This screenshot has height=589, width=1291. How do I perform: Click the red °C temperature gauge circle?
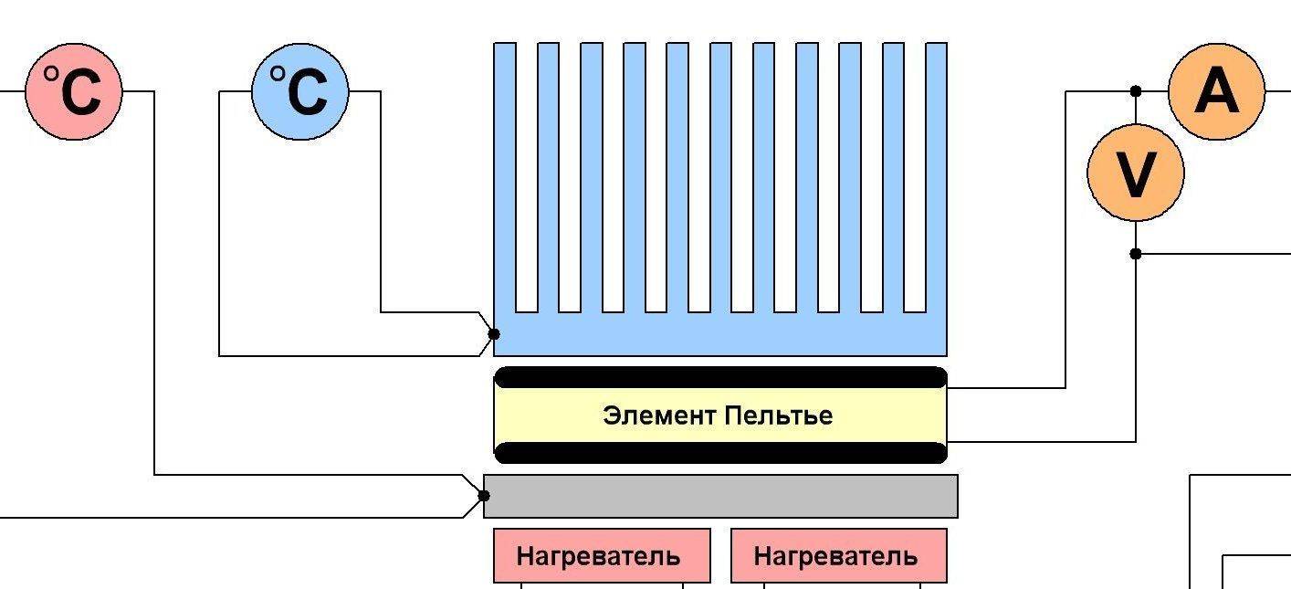point(73,91)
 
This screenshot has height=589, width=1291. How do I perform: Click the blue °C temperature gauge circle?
point(299,91)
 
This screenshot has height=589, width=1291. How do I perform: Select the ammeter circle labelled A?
point(1216,91)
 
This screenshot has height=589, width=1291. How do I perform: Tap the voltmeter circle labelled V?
point(1136,173)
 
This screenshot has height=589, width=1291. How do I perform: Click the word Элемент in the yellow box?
point(659,416)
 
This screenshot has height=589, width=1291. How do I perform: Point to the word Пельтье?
point(778,416)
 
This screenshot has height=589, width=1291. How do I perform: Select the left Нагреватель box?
point(602,555)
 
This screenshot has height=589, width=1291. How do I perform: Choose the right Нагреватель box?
point(838,555)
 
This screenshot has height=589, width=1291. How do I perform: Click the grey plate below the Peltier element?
point(720,496)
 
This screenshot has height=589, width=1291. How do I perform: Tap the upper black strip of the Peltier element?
point(720,377)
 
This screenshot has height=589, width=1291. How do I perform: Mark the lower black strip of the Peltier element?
point(720,452)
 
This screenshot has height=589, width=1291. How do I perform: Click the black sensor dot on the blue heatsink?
point(494,333)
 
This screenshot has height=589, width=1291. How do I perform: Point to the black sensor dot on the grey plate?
point(484,496)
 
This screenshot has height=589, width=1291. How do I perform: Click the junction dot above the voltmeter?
point(1136,91)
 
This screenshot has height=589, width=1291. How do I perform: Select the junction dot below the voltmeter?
point(1136,254)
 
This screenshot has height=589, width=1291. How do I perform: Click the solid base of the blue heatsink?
point(720,334)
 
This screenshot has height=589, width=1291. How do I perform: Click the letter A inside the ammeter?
point(1216,91)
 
